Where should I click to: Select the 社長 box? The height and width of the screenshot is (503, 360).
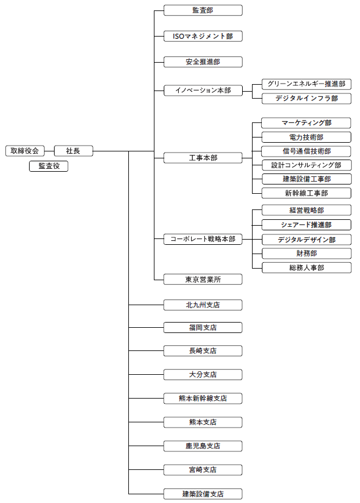point(73,151)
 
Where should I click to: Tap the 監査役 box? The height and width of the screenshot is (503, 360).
point(49,167)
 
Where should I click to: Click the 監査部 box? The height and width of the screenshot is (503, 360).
point(203,10)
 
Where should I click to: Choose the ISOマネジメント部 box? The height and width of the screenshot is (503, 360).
point(203,36)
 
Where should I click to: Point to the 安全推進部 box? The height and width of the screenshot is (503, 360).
point(203,61)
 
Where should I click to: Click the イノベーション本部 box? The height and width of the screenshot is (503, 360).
point(203,91)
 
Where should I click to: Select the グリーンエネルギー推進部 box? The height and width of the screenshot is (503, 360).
point(307,84)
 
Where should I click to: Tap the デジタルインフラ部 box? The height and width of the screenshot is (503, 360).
point(307,99)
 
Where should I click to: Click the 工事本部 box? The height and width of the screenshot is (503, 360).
point(203,158)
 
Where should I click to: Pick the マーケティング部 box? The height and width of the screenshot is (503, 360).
point(307,123)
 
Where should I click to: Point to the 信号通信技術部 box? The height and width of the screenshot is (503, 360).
point(307,151)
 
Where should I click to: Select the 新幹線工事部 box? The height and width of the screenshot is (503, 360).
point(307,193)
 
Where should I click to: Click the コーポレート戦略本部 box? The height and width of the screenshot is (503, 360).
point(203,239)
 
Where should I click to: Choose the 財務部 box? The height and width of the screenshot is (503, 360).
point(307,254)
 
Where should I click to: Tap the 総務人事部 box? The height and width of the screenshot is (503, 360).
point(307,267)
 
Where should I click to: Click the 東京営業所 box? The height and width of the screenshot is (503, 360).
point(203,280)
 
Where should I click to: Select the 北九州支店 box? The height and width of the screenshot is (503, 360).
point(203,305)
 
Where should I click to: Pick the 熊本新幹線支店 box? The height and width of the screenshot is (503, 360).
point(203,399)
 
